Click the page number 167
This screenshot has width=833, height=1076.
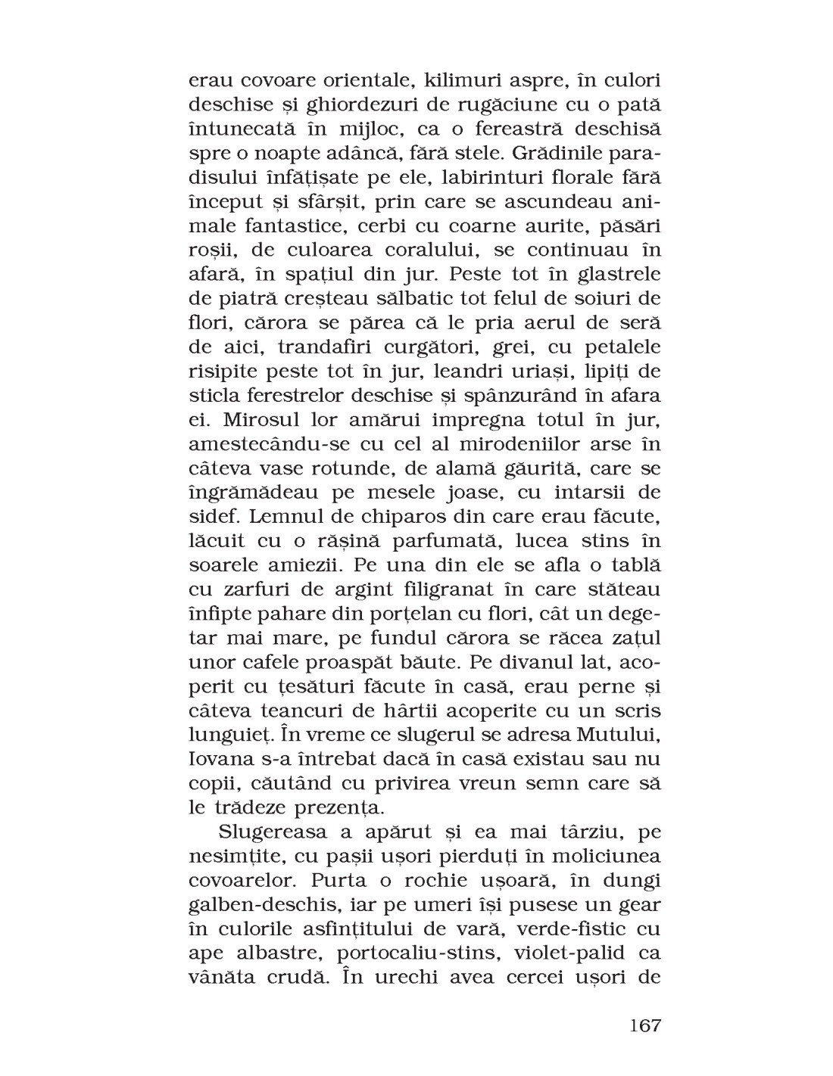[x=645, y=1025]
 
